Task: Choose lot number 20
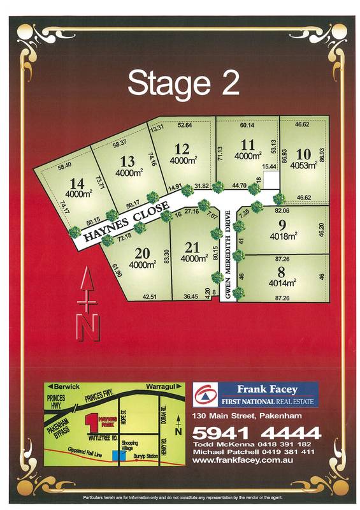[141, 254]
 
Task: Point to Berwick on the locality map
[66, 387]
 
